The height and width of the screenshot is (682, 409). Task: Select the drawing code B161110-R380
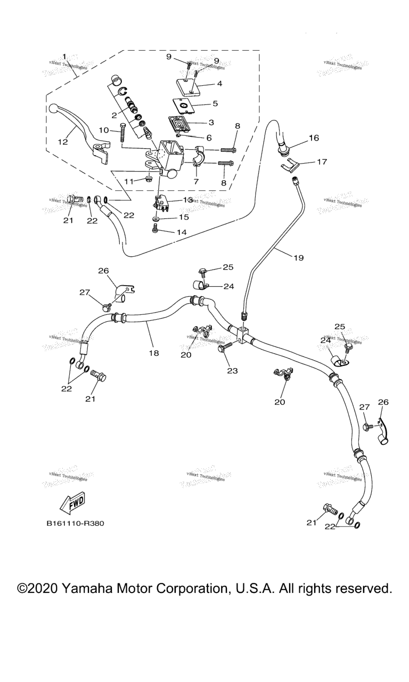pyautogui.click(x=75, y=523)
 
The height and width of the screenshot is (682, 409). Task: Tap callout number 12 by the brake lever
pyautogui.click(x=63, y=142)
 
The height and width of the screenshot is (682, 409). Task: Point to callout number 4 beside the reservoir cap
pyautogui.click(x=219, y=84)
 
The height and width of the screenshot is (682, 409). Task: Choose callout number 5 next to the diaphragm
pyautogui.click(x=215, y=103)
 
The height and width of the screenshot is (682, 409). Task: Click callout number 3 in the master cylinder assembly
pyautogui.click(x=211, y=122)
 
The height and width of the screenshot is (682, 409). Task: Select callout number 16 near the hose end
pyautogui.click(x=314, y=138)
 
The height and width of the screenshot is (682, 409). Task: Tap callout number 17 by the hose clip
pyautogui.click(x=322, y=162)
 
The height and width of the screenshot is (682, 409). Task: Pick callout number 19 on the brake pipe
pyautogui.click(x=298, y=258)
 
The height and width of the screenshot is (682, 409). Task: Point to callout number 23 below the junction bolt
pyautogui.click(x=232, y=370)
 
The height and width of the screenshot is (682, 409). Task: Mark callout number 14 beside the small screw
pyautogui.click(x=183, y=232)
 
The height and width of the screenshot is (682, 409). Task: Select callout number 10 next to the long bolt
pyautogui.click(x=103, y=130)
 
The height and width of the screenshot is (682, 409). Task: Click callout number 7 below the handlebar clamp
pyautogui.click(x=195, y=182)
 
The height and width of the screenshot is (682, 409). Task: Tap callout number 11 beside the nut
pyautogui.click(x=128, y=182)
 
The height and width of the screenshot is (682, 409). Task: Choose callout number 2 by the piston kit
pyautogui.click(x=114, y=115)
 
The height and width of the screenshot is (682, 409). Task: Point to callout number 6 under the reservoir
pyautogui.click(x=209, y=137)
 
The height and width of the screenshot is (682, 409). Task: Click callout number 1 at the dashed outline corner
pyautogui.click(x=64, y=56)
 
